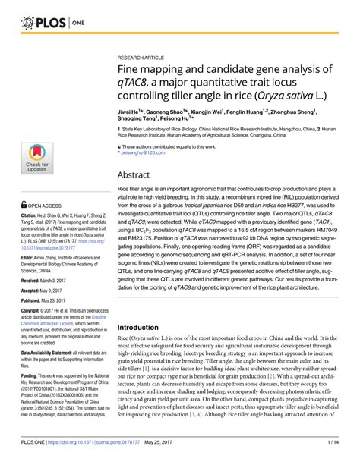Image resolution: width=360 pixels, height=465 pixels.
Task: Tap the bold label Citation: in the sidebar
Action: [x=31, y=216]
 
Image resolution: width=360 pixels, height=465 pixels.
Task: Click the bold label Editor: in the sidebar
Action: [x=30, y=258]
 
